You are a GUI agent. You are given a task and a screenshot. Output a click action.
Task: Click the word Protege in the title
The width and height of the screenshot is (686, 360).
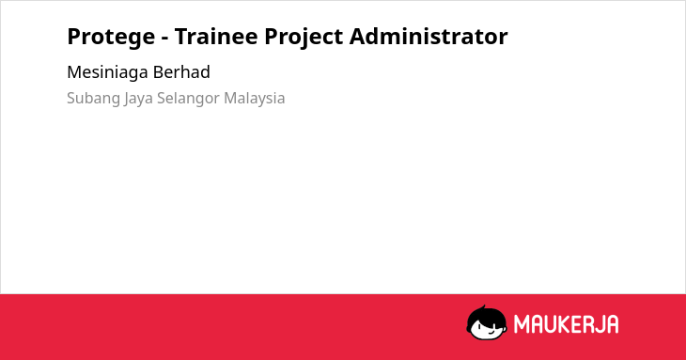[x=111, y=38]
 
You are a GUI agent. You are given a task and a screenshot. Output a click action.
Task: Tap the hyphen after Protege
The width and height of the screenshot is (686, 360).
[x=165, y=39]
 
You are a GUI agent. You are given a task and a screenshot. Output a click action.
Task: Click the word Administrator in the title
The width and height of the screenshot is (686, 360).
[x=429, y=37]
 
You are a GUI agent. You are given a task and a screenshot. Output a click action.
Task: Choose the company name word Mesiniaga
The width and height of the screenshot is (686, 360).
[x=107, y=72]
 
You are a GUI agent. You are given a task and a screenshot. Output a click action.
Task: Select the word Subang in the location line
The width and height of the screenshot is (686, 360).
[x=94, y=99]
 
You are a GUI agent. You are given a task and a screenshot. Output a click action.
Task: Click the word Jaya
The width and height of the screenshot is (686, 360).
[x=138, y=99]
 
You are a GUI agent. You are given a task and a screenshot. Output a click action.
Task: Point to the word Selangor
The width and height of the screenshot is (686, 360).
[x=188, y=99]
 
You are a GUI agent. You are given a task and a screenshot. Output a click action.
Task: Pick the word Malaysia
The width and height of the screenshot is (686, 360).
[x=254, y=99]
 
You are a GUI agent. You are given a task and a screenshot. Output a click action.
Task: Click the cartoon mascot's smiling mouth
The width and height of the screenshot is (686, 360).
[x=490, y=333]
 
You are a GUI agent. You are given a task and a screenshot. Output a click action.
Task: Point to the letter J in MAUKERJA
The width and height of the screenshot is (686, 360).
[x=599, y=324]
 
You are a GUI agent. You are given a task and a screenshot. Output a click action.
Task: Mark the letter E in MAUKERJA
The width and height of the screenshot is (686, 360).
[x=577, y=324]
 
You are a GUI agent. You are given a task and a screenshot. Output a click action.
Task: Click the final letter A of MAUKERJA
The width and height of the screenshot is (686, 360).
[x=613, y=324]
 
